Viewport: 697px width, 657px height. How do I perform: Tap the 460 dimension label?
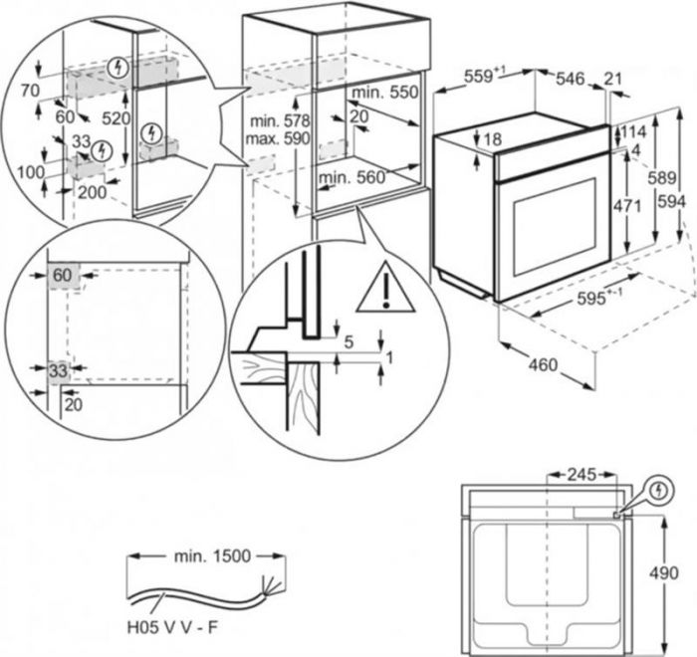(542, 365)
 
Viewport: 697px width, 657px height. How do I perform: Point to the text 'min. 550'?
(384, 92)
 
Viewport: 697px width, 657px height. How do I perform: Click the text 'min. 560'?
(350, 178)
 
